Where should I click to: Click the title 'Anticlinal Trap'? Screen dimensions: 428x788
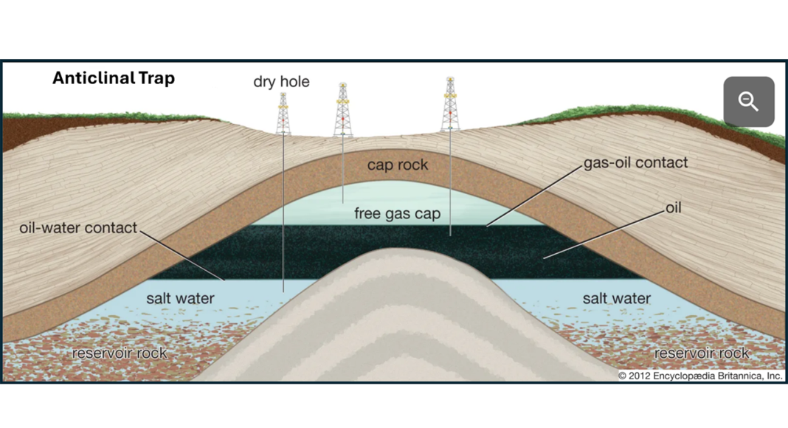[x=113, y=78]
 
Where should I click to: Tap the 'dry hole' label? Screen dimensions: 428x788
[x=281, y=81]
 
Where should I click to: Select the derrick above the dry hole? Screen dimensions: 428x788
[x=283, y=114]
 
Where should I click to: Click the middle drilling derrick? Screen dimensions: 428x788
[x=342, y=111]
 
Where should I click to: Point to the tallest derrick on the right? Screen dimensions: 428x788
[x=450, y=105]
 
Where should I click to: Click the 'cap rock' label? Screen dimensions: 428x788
[x=397, y=165]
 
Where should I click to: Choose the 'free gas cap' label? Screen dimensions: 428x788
[x=397, y=214]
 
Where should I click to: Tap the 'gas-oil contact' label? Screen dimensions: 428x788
[x=635, y=162]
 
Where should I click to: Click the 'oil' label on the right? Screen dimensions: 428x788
[x=673, y=207]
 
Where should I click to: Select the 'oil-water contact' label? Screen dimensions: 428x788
[x=78, y=227]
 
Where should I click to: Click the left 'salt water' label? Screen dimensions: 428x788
[x=180, y=298]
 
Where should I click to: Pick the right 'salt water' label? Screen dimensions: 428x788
[x=616, y=298]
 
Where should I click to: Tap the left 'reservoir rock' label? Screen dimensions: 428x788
[x=120, y=353]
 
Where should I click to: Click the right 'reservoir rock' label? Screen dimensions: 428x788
[x=702, y=353]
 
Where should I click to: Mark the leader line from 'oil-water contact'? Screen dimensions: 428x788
[x=182, y=255]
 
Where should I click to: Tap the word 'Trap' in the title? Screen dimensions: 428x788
[x=156, y=78]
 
